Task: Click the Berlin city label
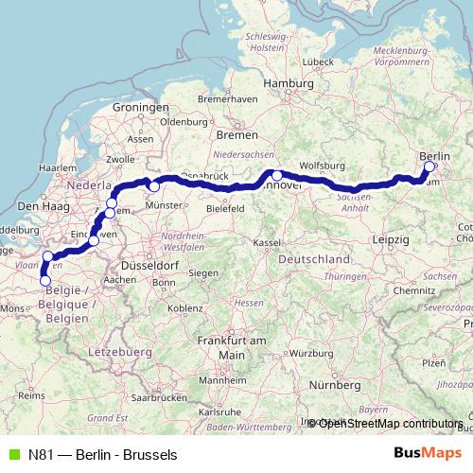click(435, 154)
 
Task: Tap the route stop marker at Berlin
click(429, 166)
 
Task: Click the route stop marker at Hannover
click(277, 175)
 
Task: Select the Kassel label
click(268, 243)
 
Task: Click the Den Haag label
click(40, 205)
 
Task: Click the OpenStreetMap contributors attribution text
click(390, 423)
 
